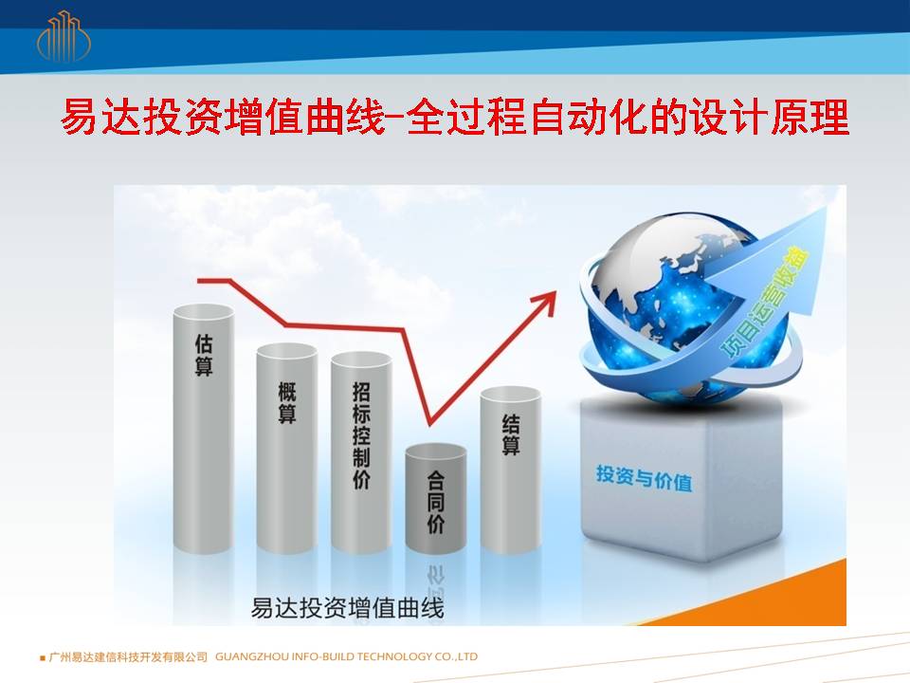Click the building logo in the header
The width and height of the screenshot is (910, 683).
(x=64, y=37)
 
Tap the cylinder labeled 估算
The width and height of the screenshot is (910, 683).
(x=203, y=428)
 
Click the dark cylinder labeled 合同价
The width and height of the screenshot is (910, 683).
(x=436, y=498)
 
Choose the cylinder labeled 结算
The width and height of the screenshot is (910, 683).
(x=511, y=470)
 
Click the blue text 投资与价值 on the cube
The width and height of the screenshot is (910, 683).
(x=645, y=478)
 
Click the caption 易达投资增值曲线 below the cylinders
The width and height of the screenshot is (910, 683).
(x=347, y=608)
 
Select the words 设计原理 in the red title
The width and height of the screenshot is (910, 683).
(x=769, y=117)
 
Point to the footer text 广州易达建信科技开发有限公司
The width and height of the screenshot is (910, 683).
(x=128, y=656)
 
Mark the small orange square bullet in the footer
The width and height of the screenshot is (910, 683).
(x=43, y=658)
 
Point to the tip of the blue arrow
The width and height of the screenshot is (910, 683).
(x=826, y=209)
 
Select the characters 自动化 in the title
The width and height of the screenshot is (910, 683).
(x=586, y=117)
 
